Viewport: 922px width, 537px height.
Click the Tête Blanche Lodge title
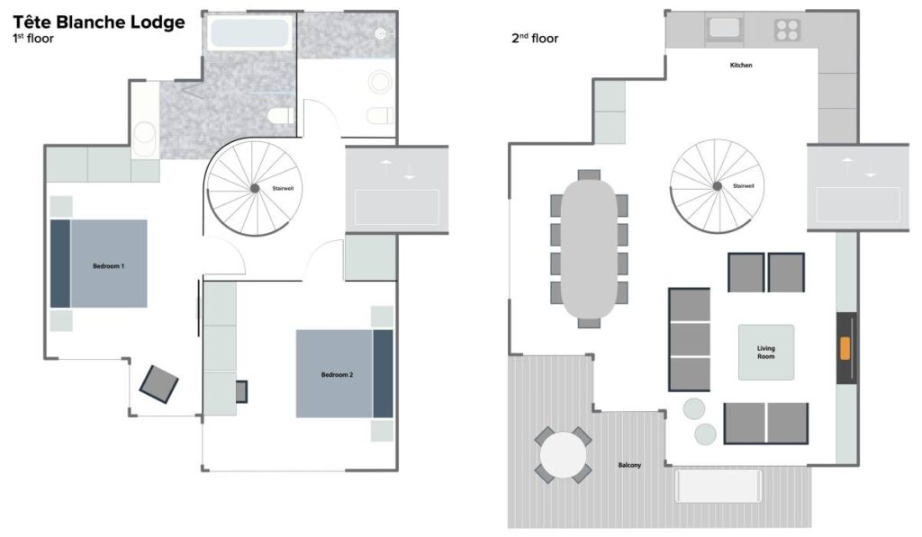click(x=99, y=22)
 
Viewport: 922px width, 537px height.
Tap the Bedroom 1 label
click(x=108, y=266)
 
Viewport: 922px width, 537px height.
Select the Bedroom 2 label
click(x=337, y=375)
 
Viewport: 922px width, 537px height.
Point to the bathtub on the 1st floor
click(x=250, y=32)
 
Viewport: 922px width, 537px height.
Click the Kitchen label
click(x=741, y=66)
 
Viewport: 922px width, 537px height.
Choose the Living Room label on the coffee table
click(x=765, y=352)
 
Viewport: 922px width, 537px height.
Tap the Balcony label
click(x=629, y=465)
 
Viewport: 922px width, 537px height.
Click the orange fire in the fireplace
click(x=845, y=348)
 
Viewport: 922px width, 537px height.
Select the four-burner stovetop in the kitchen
click(x=787, y=30)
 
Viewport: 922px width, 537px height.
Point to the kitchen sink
click(x=725, y=28)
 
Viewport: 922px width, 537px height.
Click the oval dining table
click(x=589, y=248)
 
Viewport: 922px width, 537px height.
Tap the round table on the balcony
click(x=563, y=455)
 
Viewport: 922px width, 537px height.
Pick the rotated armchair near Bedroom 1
click(x=158, y=384)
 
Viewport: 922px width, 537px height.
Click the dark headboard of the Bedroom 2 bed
click(x=383, y=373)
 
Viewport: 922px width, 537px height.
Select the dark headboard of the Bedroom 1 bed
click(x=60, y=264)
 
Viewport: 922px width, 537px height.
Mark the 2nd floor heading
click(x=535, y=38)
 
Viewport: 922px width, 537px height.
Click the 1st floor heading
click(x=33, y=39)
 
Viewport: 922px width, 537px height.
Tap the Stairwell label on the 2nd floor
click(x=743, y=185)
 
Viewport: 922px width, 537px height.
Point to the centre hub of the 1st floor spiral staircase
click(x=255, y=189)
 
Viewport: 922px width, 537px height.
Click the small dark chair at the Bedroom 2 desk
click(x=241, y=392)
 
